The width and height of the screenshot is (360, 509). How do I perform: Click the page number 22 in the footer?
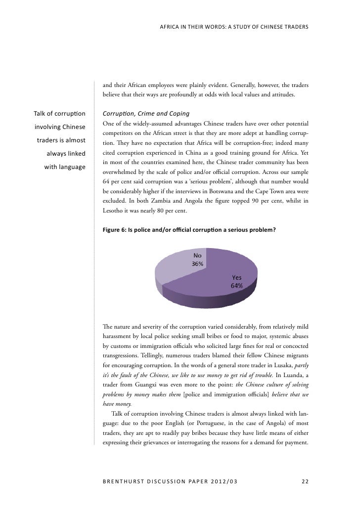[x=305, y=478]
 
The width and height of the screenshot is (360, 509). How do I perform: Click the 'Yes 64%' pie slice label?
[x=236, y=282]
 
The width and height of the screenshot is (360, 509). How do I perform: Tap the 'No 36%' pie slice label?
[x=198, y=259]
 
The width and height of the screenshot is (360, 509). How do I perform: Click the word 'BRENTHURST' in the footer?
[x=128, y=478]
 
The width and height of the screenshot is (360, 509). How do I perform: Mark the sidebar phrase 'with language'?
[x=65, y=167]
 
